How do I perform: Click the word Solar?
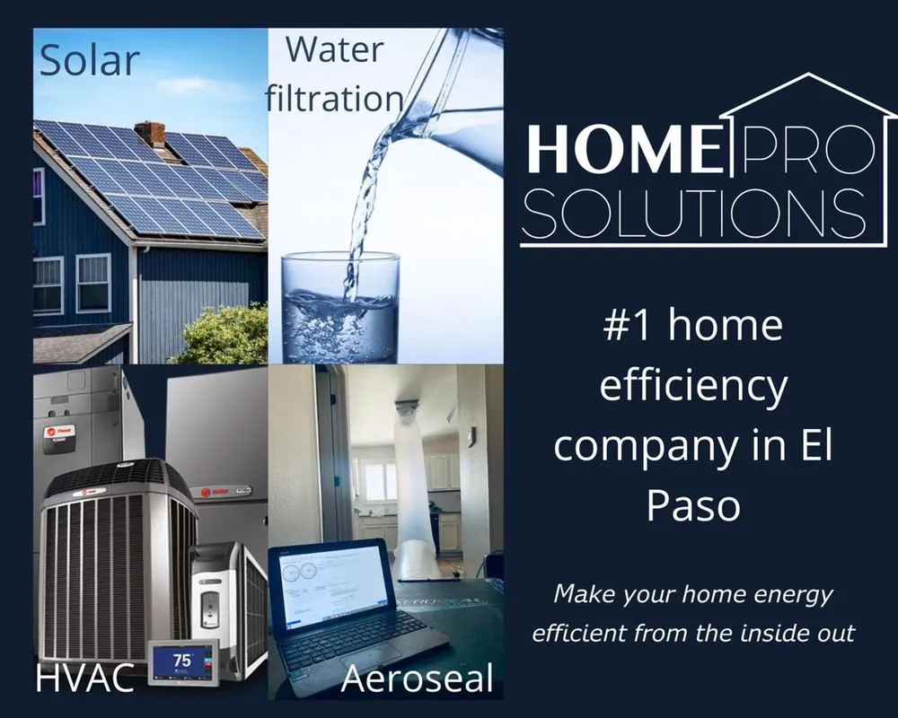pyautogui.click(x=89, y=60)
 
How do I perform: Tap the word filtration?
pyautogui.click(x=334, y=97)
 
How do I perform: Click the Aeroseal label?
pyautogui.click(x=417, y=679)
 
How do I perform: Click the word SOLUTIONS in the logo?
pyautogui.click(x=693, y=212)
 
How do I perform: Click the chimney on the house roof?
pyautogui.click(x=150, y=134)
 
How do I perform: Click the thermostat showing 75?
pyautogui.click(x=183, y=661)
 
